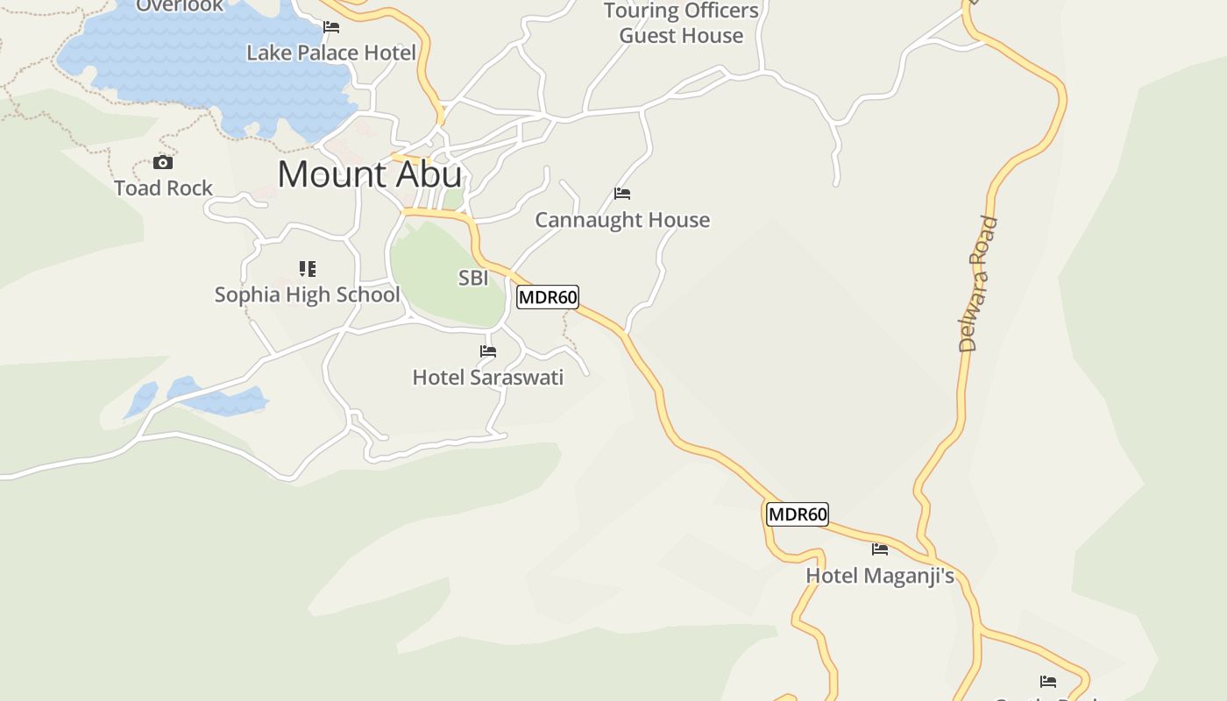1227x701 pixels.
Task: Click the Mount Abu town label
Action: [369, 174]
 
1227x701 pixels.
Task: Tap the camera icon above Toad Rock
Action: [163, 163]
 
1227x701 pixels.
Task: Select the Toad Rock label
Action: [164, 188]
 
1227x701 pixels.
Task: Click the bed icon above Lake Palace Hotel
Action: [331, 27]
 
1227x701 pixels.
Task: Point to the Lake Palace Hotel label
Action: [331, 53]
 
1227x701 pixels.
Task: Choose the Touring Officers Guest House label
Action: [681, 24]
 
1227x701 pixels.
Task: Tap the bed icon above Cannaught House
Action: [622, 194]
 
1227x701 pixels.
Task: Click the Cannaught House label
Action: [622, 220]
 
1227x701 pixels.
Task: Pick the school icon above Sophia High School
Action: [307, 268]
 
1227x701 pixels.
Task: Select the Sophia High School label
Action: [307, 294]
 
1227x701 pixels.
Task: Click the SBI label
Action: [473, 279]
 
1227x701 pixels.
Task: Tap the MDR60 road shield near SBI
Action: [548, 297]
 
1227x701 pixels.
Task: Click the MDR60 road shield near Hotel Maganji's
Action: [798, 514]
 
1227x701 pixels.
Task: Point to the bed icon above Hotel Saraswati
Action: [488, 351]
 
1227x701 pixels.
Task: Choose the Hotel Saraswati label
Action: [488, 378]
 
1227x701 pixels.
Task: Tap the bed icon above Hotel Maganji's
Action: [880, 549]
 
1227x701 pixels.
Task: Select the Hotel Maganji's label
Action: [880, 577]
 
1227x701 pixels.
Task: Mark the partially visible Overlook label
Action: [180, 5]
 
